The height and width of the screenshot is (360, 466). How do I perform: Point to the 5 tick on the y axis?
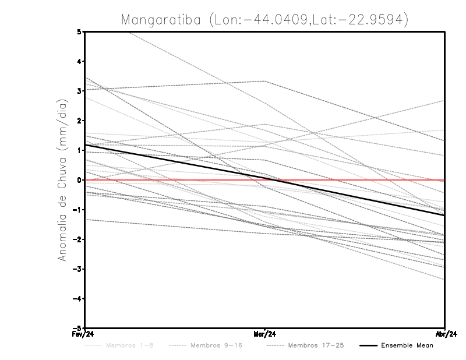(x=80, y=31)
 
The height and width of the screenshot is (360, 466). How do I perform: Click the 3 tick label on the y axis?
(x=80, y=91)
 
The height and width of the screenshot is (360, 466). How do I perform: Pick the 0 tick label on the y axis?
(x=80, y=180)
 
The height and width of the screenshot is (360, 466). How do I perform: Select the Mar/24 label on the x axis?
(x=265, y=334)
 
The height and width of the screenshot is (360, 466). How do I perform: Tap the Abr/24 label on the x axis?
(x=444, y=334)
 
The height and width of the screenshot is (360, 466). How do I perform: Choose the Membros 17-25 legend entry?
(x=316, y=345)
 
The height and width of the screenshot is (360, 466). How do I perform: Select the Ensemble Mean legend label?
(x=407, y=345)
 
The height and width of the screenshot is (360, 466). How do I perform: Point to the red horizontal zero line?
(x=349, y=180)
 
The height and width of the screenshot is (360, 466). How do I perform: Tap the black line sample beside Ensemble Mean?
(x=367, y=345)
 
